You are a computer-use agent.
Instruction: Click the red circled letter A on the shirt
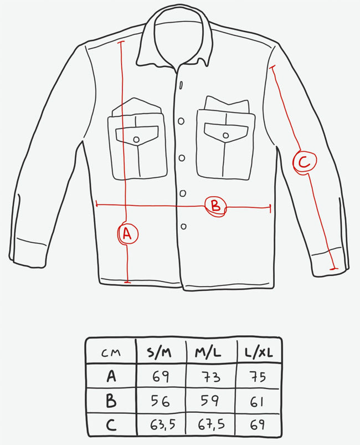click(127, 234)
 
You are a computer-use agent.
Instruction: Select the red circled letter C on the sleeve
click(305, 162)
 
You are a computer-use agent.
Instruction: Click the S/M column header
click(159, 352)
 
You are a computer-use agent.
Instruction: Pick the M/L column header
click(208, 352)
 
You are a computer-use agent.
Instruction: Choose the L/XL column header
click(259, 352)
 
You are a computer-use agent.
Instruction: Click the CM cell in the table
click(111, 353)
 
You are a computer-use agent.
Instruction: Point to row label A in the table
click(111, 376)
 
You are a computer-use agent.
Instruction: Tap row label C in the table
click(111, 425)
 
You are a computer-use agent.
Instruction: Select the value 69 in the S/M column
click(161, 377)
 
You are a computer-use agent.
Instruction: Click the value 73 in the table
click(211, 377)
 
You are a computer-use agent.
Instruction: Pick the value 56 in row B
click(160, 401)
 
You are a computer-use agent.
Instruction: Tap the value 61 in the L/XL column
click(257, 402)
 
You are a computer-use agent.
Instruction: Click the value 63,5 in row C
click(162, 425)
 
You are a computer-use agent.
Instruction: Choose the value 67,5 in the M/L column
click(212, 424)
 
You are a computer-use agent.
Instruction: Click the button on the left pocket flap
click(136, 139)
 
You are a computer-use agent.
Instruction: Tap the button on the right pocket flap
click(226, 135)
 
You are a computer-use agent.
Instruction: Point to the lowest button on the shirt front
click(183, 227)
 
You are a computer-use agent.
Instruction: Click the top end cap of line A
click(121, 42)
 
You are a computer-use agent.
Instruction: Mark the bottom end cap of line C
click(334, 268)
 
